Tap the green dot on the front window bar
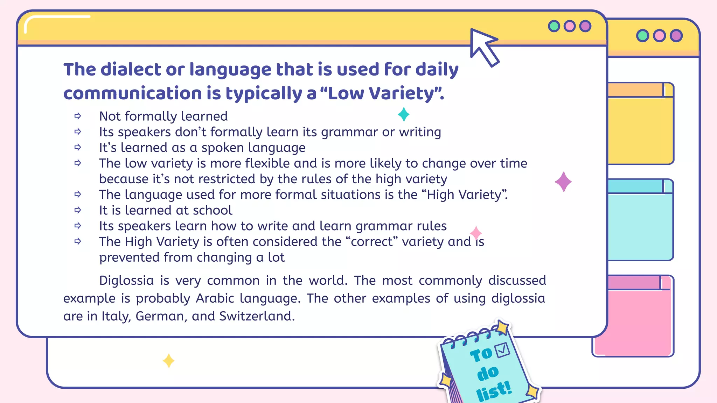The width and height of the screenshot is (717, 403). (x=554, y=26)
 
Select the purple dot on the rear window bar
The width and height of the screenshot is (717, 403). (x=676, y=36)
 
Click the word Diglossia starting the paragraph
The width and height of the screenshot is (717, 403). (x=126, y=281)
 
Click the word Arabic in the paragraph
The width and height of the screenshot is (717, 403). (x=215, y=298)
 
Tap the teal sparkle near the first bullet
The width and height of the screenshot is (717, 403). (x=403, y=114)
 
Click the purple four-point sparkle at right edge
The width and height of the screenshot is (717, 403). (x=563, y=182)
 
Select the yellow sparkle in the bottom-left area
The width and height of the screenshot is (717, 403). (x=168, y=361)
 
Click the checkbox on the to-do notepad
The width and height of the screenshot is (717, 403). (x=502, y=349)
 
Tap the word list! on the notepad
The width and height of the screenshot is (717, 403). (x=494, y=391)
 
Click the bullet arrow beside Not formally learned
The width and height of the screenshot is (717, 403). (x=78, y=116)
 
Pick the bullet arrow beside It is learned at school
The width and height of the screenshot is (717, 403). (x=78, y=210)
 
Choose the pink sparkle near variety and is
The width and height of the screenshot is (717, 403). (x=475, y=233)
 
